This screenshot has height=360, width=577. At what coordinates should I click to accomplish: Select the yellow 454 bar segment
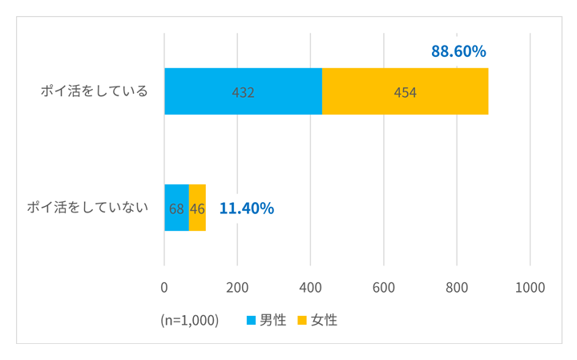pyautogui.click(x=405, y=91)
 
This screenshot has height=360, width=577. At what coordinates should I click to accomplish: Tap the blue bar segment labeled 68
pyautogui.click(x=176, y=208)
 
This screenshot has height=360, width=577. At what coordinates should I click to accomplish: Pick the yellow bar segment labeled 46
pyautogui.click(x=197, y=208)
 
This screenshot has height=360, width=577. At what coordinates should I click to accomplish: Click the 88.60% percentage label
pyautogui.click(x=458, y=51)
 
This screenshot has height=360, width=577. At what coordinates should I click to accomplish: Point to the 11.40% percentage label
pyautogui.click(x=247, y=208)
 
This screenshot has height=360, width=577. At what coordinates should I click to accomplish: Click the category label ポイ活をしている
pyautogui.click(x=95, y=91)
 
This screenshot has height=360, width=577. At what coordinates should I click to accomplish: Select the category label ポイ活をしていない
pyautogui.click(x=87, y=208)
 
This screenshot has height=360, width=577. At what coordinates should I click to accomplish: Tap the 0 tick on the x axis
pyautogui.click(x=164, y=287)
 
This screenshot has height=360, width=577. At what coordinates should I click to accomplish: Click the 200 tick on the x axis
pyautogui.click(x=237, y=287)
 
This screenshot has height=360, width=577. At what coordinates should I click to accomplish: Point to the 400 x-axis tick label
pyautogui.click(x=311, y=287)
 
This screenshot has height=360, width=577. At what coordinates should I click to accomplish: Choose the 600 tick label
pyautogui.click(x=384, y=287)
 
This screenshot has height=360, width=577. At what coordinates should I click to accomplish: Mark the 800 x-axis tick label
pyautogui.click(x=457, y=287)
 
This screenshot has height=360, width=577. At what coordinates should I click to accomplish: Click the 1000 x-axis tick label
pyautogui.click(x=530, y=287)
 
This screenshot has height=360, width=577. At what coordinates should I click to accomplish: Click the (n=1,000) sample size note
pyautogui.click(x=189, y=320)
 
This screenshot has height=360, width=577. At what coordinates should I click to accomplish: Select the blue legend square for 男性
pyautogui.click(x=252, y=320)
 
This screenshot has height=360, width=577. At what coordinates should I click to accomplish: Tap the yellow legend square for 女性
pyautogui.click(x=302, y=320)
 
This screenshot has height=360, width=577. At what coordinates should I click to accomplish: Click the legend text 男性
pyautogui.click(x=272, y=320)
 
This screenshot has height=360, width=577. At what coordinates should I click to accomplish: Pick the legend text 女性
pyautogui.click(x=324, y=320)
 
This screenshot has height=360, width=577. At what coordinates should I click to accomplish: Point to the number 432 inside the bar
pyautogui.click(x=243, y=92)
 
